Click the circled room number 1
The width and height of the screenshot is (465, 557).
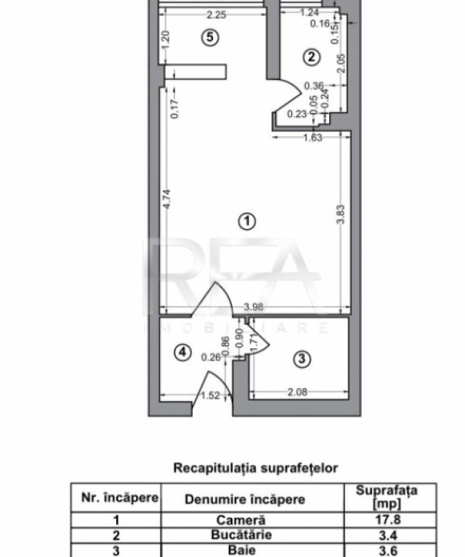[x=248, y=220]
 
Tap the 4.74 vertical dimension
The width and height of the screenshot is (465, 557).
[x=166, y=199]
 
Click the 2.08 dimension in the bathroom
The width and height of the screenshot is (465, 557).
[x=297, y=392]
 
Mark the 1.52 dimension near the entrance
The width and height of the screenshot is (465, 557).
[x=210, y=396]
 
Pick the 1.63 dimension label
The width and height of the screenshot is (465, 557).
[x=311, y=138]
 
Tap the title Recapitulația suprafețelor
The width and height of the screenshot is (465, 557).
[x=255, y=468]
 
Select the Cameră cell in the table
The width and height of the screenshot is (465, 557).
[x=251, y=519]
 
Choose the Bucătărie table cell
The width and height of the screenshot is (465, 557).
[x=251, y=534]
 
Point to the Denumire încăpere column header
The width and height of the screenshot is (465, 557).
[x=244, y=499]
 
